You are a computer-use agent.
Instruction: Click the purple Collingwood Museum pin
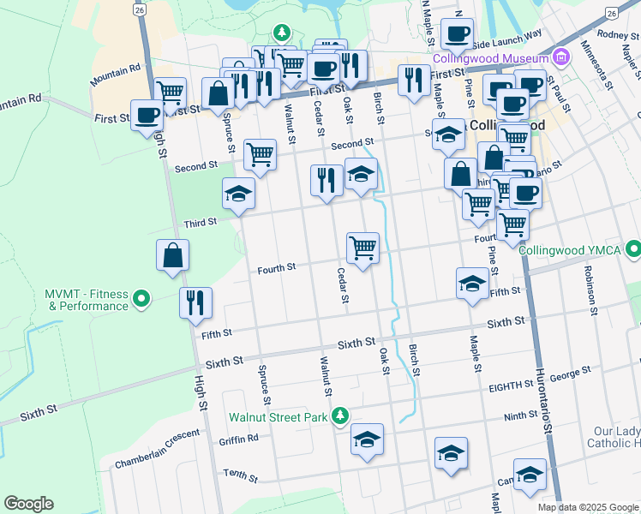(561, 58)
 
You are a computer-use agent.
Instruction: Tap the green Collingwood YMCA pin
(632, 249)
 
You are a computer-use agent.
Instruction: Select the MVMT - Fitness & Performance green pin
(141, 299)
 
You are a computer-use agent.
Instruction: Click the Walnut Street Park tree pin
(340, 416)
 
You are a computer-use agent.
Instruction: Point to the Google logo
(28, 504)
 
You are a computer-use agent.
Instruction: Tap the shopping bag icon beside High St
(172, 254)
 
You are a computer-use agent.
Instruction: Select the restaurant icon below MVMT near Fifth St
(195, 302)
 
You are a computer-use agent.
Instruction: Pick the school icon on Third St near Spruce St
(238, 194)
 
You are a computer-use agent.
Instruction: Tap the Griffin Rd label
(238, 439)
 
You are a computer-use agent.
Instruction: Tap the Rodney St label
(618, 35)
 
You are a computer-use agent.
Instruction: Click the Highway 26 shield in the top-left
(139, 9)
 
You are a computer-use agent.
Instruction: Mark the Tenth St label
(240, 473)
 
